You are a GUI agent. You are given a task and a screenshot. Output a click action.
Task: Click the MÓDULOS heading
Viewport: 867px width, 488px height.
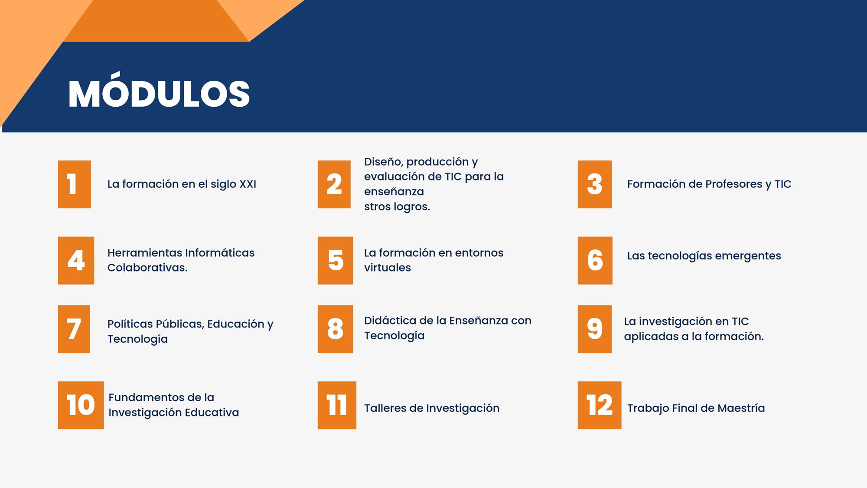pos(159,91)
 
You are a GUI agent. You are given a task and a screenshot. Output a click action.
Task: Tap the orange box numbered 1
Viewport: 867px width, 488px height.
pos(75,184)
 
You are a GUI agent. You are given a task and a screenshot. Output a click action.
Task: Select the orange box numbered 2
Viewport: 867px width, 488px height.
pos(334,184)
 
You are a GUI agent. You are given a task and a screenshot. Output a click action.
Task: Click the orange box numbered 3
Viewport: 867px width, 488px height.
pos(595,184)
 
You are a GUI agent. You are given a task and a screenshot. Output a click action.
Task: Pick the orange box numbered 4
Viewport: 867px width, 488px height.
pos(76,260)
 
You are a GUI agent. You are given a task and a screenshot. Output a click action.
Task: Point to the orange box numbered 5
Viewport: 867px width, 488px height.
pos(336,260)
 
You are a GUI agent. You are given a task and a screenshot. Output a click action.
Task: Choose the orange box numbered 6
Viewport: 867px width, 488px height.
pos(595,260)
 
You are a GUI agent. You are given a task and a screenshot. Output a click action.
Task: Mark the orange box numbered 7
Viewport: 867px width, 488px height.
pos(74,329)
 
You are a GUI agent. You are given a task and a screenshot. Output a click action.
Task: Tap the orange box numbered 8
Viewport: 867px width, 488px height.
pos(336,329)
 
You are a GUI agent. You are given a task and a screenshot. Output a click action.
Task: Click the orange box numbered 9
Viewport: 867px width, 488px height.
pos(595,329)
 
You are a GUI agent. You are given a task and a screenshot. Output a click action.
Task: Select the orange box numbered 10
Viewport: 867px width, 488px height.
pos(81,405)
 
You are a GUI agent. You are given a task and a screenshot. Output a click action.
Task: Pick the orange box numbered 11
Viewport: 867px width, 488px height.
pos(337,405)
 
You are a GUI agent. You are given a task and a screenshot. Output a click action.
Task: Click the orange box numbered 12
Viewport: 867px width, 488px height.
pos(600,405)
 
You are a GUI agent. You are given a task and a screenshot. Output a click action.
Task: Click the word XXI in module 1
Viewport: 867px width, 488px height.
pos(248,184)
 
